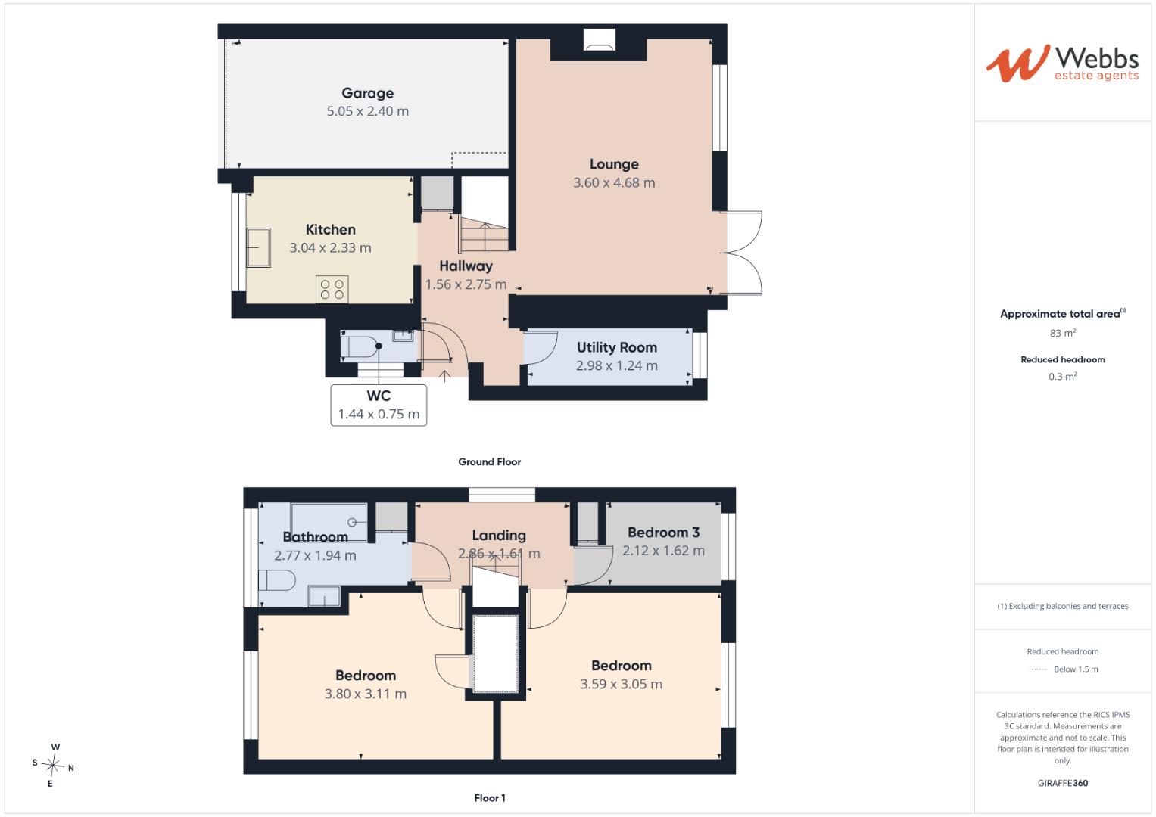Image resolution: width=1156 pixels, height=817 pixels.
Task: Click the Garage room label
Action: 367,93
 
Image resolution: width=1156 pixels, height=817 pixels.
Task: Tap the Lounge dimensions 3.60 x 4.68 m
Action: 614,182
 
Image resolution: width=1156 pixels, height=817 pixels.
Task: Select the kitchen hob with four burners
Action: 332,289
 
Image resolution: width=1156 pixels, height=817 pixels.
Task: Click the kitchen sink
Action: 259,247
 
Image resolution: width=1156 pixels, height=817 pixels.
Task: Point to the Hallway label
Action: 466,266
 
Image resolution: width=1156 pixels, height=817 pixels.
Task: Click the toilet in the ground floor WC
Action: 361,346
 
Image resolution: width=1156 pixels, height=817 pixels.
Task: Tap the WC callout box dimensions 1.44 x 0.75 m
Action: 379,415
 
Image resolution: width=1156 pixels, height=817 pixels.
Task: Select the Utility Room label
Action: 617,348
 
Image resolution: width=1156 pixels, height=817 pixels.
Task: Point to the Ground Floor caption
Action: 490,462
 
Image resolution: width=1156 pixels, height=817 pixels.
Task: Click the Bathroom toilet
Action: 276,580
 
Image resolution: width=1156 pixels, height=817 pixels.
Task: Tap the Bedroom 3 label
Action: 664,533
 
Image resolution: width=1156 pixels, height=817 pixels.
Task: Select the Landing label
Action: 499,536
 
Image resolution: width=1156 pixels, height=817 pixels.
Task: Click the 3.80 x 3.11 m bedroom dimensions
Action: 366,694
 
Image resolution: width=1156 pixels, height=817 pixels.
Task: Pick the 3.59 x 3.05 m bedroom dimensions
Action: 622,685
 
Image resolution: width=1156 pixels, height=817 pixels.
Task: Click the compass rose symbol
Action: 53,765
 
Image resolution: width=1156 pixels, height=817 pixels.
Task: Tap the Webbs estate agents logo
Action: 1063,63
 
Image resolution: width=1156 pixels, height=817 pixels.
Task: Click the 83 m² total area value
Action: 1063,333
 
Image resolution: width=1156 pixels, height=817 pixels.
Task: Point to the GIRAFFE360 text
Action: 1063,783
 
